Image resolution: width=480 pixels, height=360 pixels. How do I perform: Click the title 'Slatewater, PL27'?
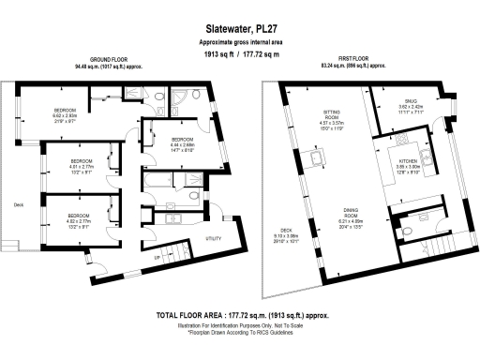[x=239, y=30]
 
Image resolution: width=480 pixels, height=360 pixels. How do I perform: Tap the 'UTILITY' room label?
[x=214, y=238]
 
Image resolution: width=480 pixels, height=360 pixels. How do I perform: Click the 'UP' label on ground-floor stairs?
[x=157, y=256]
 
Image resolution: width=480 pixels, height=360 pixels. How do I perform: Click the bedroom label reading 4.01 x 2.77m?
[x=82, y=161]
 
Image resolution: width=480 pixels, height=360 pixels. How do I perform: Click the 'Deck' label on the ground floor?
[x=18, y=203]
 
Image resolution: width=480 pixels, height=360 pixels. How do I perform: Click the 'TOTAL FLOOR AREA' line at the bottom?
[x=239, y=318]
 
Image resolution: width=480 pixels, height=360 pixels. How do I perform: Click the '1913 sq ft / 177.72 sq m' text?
[x=239, y=53]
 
